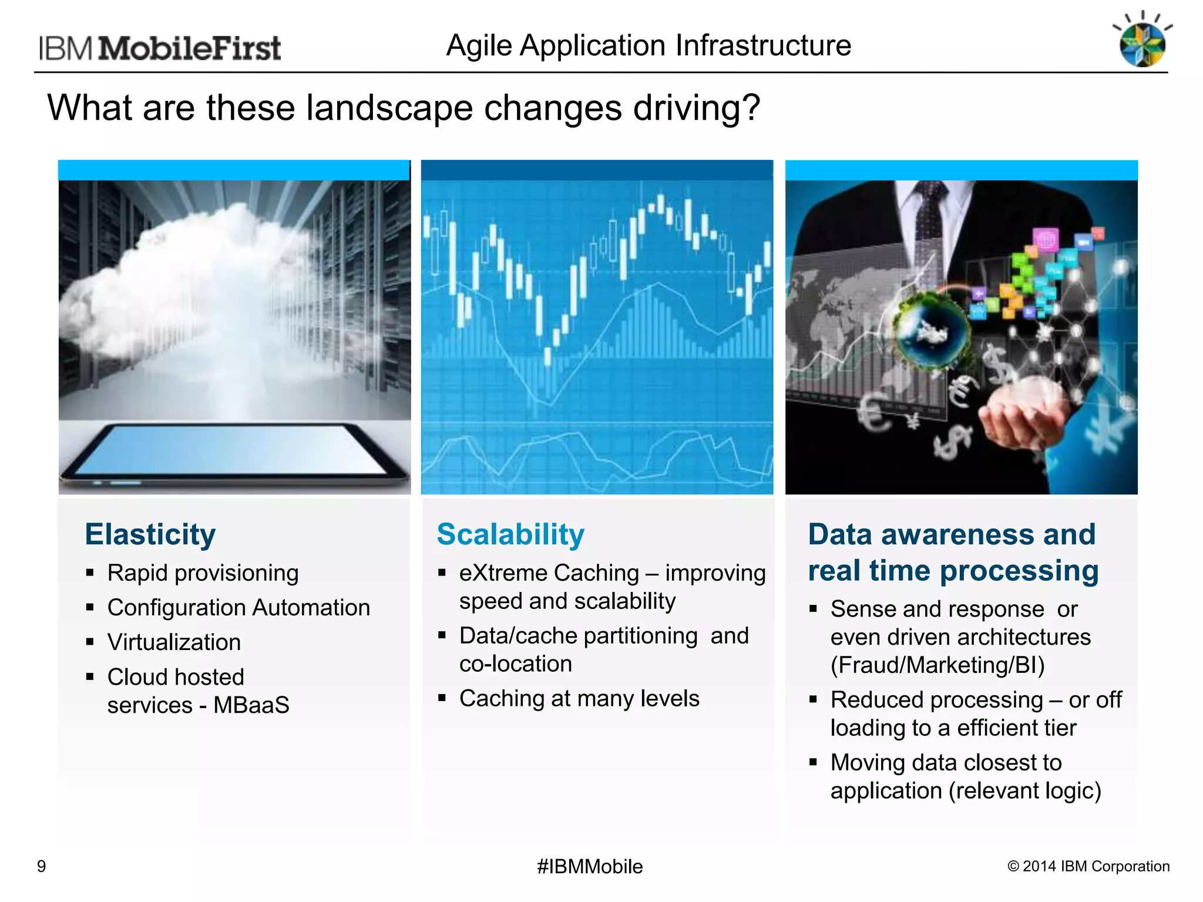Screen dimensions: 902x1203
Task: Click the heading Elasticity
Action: (150, 534)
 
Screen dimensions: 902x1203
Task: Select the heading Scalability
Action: (510, 534)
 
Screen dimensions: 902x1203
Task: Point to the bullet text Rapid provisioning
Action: (203, 573)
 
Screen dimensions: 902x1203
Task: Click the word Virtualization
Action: (174, 642)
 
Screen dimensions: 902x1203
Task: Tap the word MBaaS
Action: (251, 705)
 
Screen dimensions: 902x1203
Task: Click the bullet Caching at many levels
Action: (579, 699)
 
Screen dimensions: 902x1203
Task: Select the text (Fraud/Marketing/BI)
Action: (937, 665)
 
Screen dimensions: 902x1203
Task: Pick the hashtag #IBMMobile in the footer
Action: (590, 867)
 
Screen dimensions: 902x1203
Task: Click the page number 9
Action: (41, 867)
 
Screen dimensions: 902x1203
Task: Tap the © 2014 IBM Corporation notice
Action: (1088, 867)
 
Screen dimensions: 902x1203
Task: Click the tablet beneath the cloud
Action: (235, 452)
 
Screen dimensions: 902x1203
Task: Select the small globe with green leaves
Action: (931, 329)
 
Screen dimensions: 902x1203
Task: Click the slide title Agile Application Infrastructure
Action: (648, 46)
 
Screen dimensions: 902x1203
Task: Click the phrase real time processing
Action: (953, 571)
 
